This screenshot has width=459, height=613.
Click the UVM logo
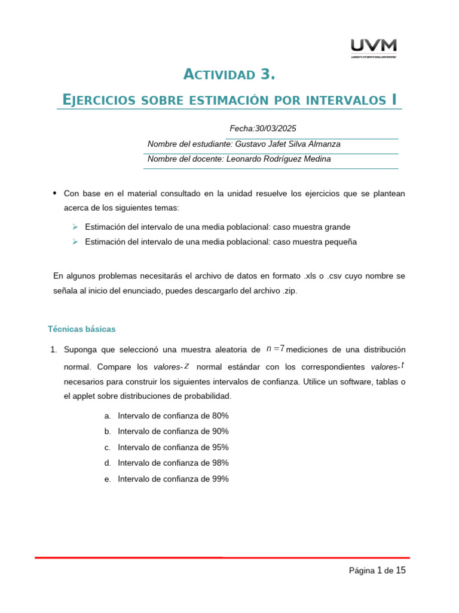click(x=374, y=48)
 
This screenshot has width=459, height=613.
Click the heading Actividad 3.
click(x=229, y=74)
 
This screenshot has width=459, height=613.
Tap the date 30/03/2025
click(x=276, y=128)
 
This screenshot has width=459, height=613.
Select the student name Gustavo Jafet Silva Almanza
click(x=288, y=144)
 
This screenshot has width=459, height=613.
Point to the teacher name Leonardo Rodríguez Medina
click(x=279, y=159)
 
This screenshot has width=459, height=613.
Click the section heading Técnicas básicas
click(x=81, y=329)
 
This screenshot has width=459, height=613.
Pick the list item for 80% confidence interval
click(x=173, y=415)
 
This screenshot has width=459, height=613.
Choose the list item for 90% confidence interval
click(x=173, y=431)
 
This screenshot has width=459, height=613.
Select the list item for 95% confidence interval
click(x=173, y=447)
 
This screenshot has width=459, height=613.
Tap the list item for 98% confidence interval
click(x=173, y=463)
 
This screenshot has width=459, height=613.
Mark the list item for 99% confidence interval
click(x=173, y=479)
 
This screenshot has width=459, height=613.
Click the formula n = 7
click(x=275, y=349)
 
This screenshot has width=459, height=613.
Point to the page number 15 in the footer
click(x=400, y=570)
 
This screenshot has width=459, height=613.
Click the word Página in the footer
click(x=362, y=571)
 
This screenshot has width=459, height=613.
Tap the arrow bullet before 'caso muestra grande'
click(x=75, y=227)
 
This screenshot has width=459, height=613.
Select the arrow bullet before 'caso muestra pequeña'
click(x=75, y=242)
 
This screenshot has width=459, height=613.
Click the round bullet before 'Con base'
click(x=55, y=193)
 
